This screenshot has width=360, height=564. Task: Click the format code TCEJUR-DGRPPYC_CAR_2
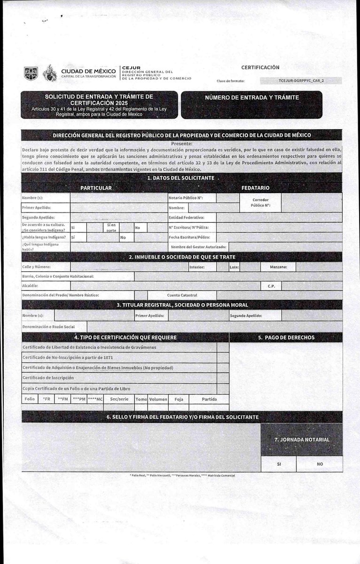(x=301, y=81)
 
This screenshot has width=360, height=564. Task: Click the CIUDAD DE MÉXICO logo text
(x=88, y=71)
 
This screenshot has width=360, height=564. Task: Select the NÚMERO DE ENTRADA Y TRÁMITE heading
(x=252, y=98)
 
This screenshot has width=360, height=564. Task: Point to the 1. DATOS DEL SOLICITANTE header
(x=180, y=178)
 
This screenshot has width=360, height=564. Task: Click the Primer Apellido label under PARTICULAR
(x=37, y=207)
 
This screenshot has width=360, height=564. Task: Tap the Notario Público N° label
(x=186, y=198)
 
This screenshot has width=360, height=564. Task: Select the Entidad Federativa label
(x=187, y=218)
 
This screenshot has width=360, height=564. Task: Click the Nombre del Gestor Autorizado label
(x=199, y=247)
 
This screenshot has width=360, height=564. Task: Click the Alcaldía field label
(x=31, y=286)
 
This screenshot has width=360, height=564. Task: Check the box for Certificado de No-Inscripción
(x=223, y=358)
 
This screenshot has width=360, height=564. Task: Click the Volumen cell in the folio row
(x=158, y=399)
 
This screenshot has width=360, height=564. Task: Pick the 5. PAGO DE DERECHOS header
(x=292, y=337)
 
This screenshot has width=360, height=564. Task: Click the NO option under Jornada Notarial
(x=320, y=464)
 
